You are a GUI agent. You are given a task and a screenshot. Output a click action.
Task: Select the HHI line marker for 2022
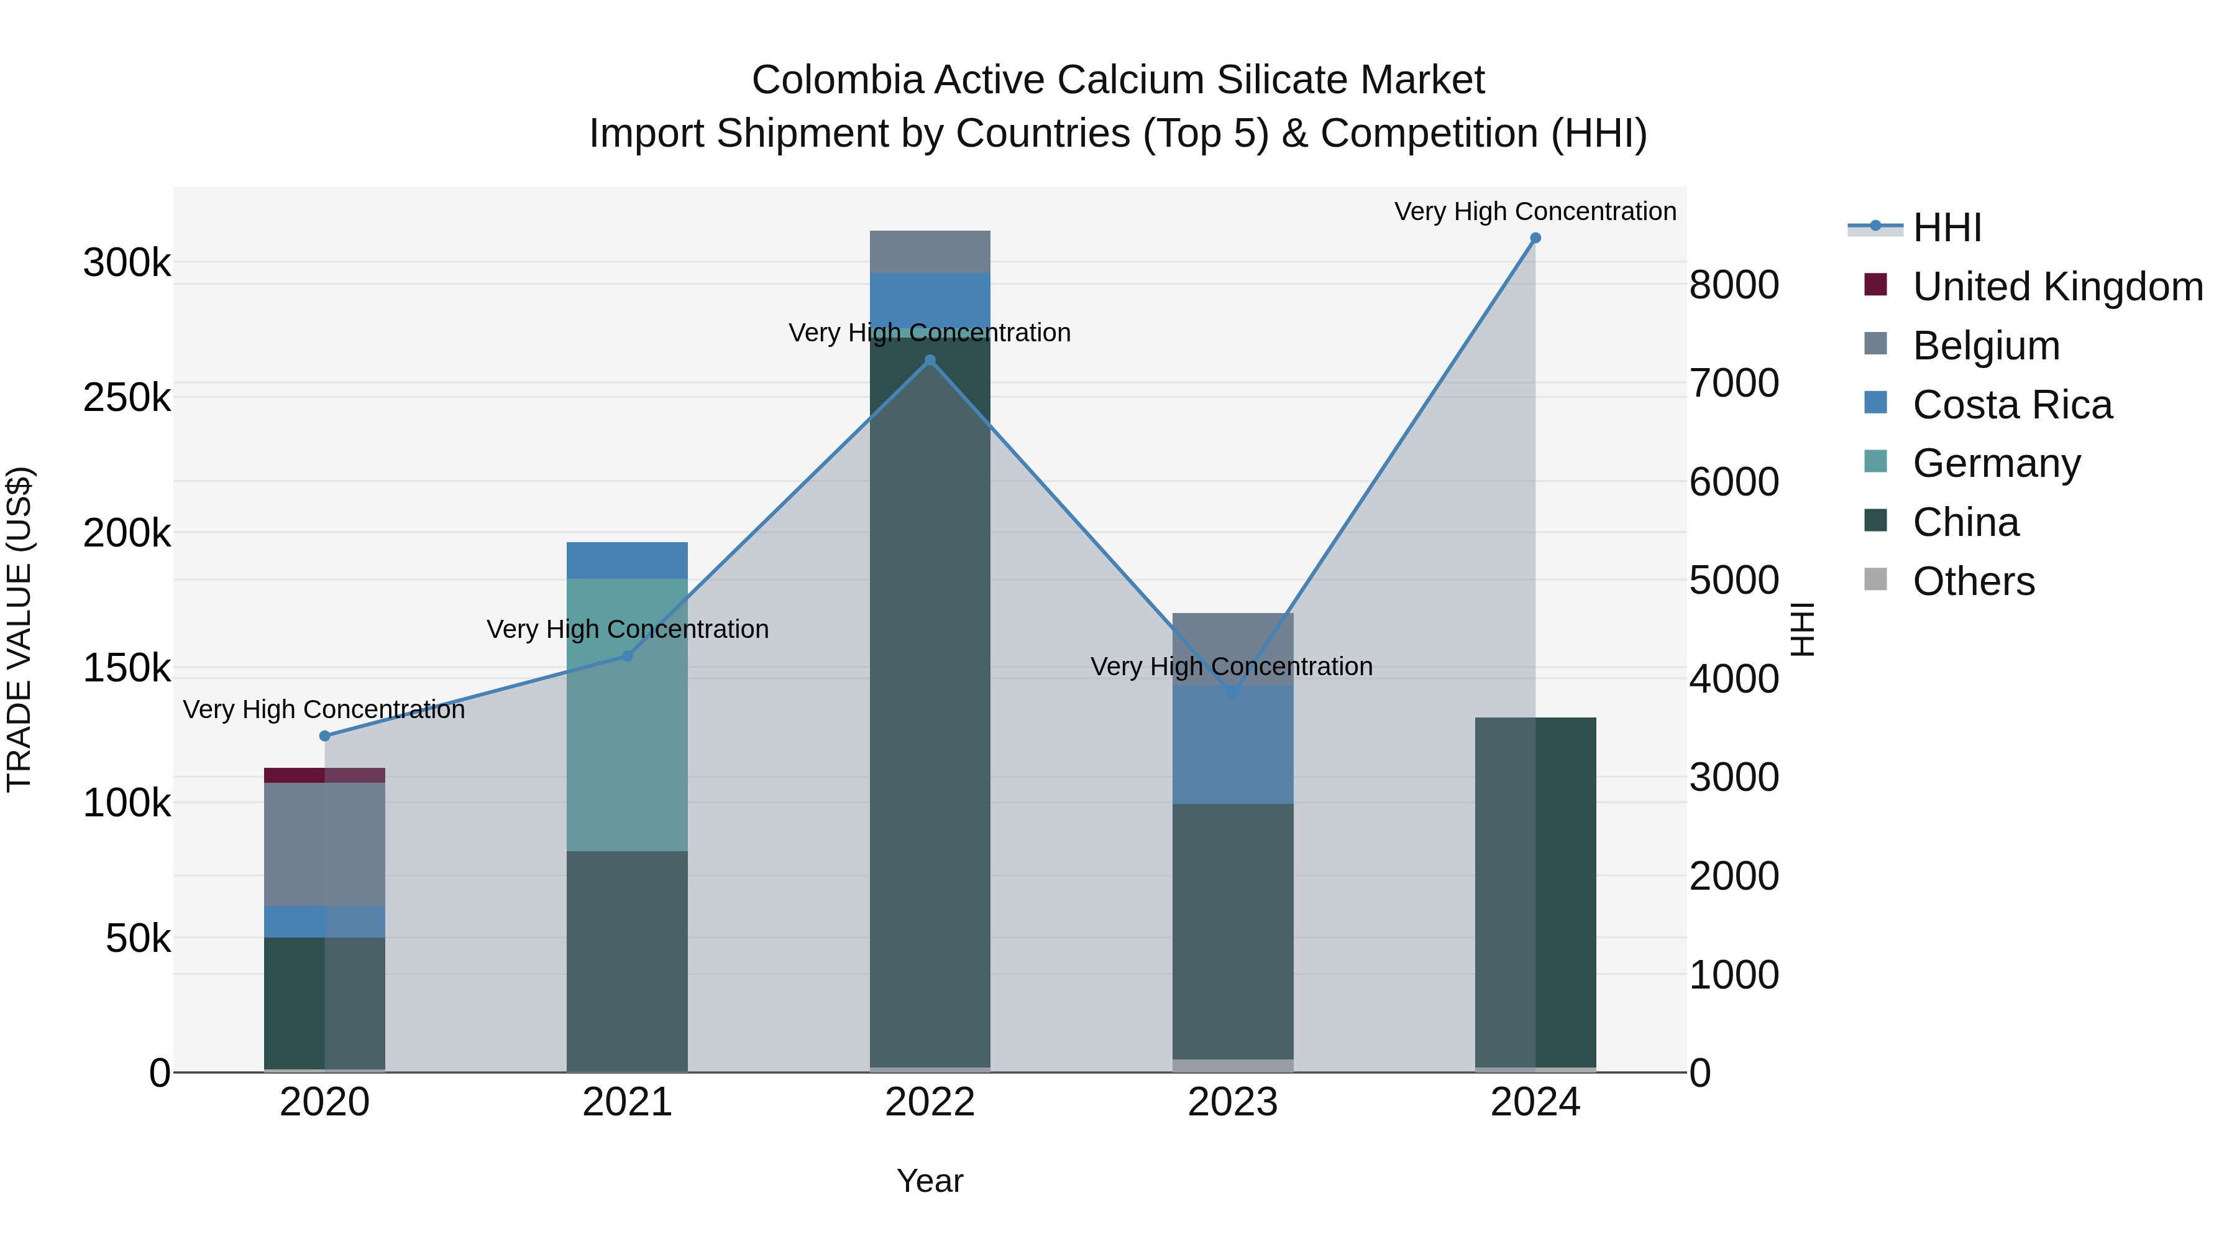point(930,360)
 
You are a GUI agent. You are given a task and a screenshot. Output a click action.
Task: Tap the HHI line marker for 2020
point(325,736)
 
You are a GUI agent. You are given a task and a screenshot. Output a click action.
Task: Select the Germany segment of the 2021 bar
point(627,714)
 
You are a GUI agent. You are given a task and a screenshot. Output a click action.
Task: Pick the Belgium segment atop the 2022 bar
point(930,252)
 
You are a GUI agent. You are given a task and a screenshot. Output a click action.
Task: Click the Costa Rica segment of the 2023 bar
point(1232,745)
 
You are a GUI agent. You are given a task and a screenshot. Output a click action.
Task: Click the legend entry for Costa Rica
point(2011,405)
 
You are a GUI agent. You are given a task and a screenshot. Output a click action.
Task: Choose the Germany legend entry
point(1995,463)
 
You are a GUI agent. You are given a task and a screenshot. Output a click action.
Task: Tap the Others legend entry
point(1973,581)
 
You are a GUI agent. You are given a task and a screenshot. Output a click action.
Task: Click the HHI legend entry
point(1946,228)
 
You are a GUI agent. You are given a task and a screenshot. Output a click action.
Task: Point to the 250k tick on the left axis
point(127,398)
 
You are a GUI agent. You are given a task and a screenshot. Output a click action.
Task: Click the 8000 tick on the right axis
point(1733,285)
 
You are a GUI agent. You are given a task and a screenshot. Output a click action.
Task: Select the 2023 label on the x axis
point(1232,1102)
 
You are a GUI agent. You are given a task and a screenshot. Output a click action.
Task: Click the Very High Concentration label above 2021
point(627,629)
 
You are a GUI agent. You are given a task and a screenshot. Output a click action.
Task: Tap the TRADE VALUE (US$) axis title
point(19,629)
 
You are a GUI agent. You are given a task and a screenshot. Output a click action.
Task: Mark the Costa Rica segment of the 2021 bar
point(627,560)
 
